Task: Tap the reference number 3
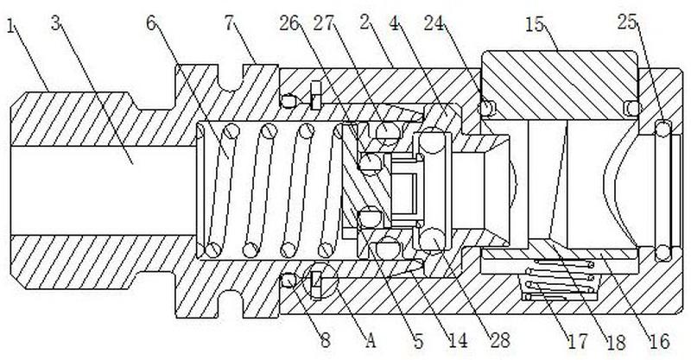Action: [55, 23]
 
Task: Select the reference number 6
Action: [151, 23]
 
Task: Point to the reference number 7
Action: [229, 23]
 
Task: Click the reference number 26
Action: [289, 23]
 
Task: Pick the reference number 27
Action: [324, 23]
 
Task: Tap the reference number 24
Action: [434, 23]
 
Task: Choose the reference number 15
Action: [536, 24]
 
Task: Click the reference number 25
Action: [628, 22]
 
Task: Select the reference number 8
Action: [326, 340]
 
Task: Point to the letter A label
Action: [371, 340]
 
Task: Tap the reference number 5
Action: [418, 341]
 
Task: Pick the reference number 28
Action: [499, 340]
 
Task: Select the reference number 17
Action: [577, 341]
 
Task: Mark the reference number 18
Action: [616, 342]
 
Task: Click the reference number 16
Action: [659, 341]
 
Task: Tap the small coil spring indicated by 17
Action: [560, 281]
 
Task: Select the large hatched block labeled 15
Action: [559, 85]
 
